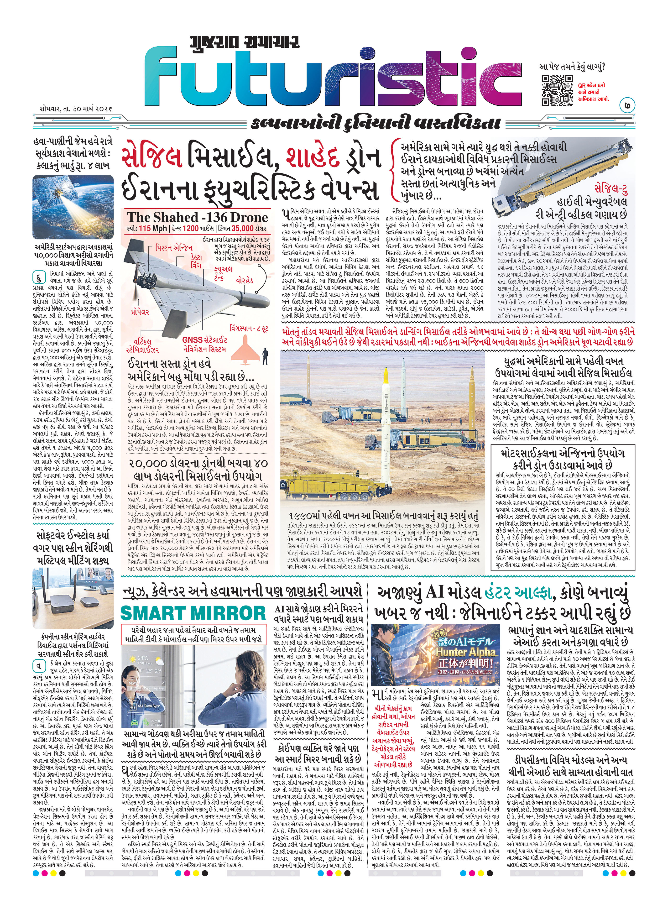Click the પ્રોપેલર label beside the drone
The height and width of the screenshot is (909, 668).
pyautogui.click(x=140, y=312)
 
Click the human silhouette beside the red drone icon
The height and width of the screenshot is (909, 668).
pyautogui.click(x=265, y=356)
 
